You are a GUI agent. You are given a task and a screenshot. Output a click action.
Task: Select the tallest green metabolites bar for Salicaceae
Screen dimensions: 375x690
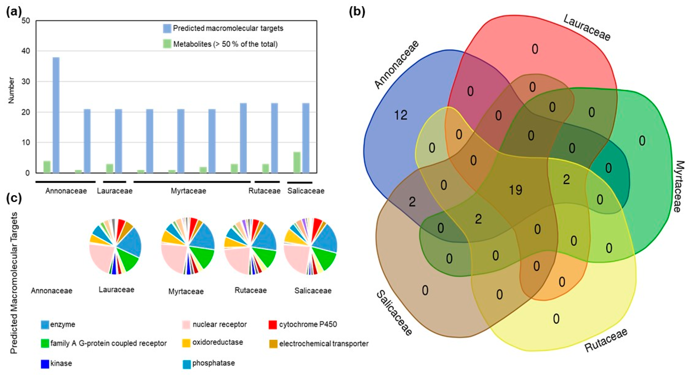tap(297, 162)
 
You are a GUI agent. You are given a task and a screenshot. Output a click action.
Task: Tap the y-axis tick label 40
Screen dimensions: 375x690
tap(26, 51)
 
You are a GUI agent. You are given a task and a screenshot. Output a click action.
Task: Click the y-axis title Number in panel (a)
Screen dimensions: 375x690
tap(11, 90)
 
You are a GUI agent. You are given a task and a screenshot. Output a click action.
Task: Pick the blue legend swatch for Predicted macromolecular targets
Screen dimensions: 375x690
tap(167, 28)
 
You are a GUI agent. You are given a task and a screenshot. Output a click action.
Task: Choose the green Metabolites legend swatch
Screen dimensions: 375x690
tap(167, 44)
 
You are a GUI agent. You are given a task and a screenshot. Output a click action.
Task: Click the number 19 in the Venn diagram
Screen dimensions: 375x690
tap(515, 190)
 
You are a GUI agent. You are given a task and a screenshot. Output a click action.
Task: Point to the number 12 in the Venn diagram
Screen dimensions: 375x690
tap(401, 115)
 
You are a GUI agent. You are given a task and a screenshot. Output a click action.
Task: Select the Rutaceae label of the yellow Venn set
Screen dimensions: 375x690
tap(606, 340)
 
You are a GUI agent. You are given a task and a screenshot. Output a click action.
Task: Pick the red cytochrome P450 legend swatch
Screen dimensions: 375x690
tap(273, 325)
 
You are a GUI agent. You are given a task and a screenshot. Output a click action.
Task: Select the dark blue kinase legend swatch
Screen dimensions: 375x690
tap(45, 364)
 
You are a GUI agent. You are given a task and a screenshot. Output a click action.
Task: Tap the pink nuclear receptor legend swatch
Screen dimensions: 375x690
tap(186, 325)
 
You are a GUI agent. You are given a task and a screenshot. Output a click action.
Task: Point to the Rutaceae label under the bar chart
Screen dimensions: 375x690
tap(264, 191)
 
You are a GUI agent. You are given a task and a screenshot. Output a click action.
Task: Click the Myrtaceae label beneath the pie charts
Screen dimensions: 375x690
tap(186, 291)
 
